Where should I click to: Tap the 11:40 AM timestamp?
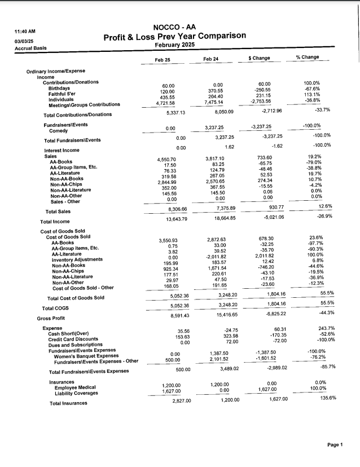25,32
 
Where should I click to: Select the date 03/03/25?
24,40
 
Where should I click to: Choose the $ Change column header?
259,59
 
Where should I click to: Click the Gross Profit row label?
52,318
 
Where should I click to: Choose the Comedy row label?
58,130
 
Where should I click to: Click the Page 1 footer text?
335,445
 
